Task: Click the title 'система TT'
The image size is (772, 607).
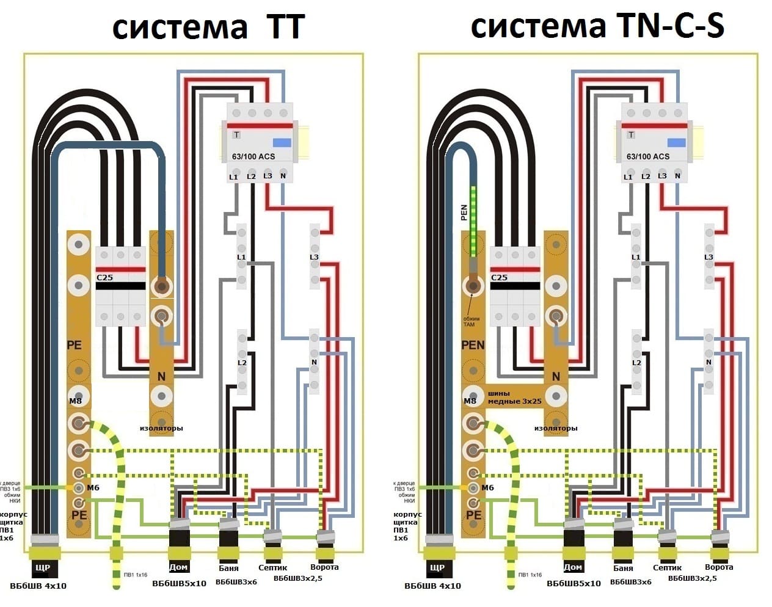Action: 208,27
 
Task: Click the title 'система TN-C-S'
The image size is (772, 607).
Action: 597,26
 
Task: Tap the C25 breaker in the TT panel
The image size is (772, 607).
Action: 120,286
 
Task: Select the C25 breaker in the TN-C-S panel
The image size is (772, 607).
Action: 515,286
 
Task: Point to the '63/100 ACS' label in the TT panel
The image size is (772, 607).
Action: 253,156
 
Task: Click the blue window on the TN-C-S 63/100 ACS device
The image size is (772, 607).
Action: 676,142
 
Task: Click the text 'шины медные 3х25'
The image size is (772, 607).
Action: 515,398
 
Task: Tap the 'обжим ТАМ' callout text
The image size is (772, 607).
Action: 472,321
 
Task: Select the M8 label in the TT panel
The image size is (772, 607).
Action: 75,401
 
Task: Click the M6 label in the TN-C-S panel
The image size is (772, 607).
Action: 487,487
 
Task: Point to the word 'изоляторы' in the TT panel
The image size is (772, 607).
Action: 161,428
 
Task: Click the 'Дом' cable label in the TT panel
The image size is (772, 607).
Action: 178,567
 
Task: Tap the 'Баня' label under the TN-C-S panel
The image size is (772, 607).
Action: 623,568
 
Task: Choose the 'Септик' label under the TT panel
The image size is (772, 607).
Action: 272,567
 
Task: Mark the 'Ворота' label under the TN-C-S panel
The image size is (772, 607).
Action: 719,567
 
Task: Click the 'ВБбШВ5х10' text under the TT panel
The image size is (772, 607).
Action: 179,583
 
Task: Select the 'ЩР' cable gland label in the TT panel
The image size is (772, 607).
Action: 43,567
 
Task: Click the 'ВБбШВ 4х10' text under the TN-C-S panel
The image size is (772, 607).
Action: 432,586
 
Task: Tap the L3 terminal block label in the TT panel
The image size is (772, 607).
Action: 314,257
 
